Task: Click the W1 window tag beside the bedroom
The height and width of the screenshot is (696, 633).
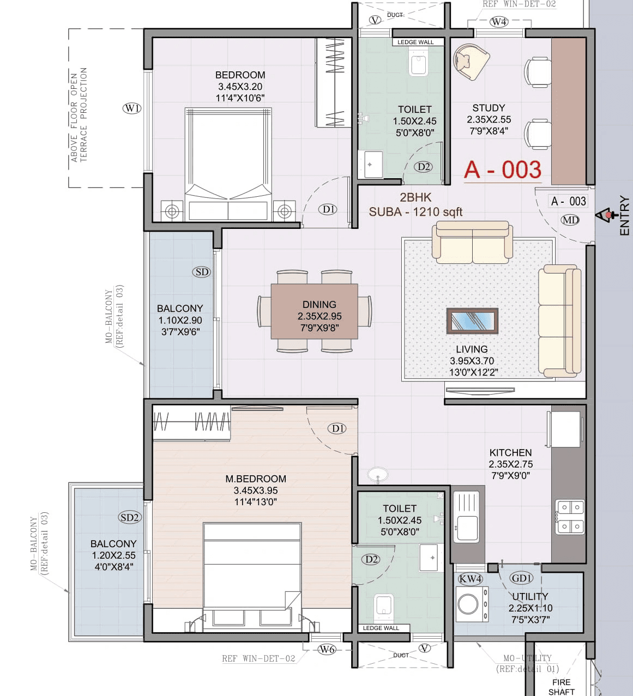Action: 132,108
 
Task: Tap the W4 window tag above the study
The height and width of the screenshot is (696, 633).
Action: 499,22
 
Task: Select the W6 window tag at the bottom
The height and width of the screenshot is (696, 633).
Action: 327,649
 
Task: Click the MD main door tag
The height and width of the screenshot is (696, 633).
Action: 570,220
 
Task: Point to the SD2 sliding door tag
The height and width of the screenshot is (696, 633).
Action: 130,517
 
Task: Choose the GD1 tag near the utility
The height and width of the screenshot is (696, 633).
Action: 521,578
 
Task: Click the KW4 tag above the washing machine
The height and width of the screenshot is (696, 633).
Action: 470,579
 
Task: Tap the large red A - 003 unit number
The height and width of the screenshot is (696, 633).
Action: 502,170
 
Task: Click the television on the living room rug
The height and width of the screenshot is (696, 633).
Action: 472,320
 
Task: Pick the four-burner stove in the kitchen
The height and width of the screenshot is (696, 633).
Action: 570,517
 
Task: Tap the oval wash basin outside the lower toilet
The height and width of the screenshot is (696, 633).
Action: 377,474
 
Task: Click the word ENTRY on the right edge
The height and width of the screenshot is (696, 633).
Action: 624,216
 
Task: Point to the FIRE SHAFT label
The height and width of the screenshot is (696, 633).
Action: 561,687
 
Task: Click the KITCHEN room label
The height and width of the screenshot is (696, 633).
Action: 510,452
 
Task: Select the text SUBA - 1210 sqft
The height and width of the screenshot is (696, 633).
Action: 415,212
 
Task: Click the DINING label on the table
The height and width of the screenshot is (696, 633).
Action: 319,305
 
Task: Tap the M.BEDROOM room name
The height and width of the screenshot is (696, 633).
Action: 256,479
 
